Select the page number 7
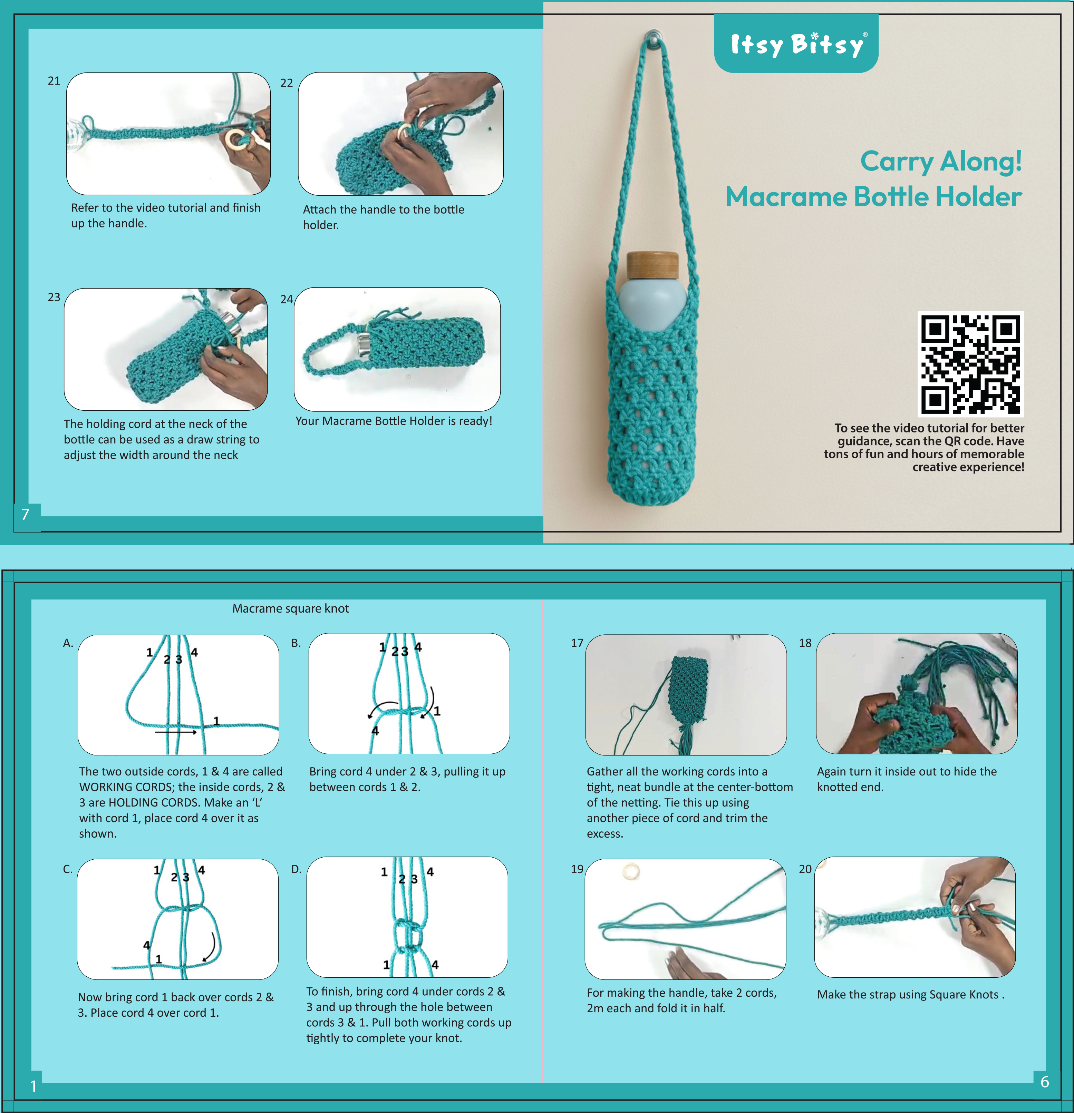[x=25, y=515]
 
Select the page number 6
[x=1044, y=1082]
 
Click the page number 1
[x=33, y=1086]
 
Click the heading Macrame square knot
[x=290, y=609]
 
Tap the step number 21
[x=54, y=81]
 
